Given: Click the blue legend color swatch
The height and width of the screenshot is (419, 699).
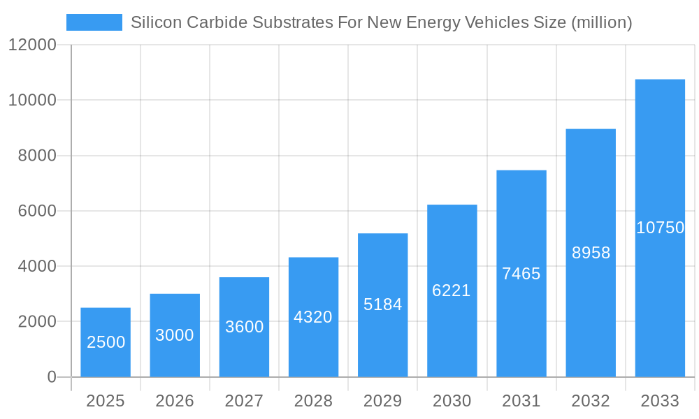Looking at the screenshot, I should [94, 22].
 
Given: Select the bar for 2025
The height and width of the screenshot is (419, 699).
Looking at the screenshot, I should [106, 342].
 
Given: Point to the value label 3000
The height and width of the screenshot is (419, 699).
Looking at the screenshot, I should [175, 335].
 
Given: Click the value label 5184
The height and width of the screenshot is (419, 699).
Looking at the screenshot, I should [382, 304].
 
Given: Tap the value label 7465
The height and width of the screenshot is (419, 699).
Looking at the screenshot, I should [521, 274].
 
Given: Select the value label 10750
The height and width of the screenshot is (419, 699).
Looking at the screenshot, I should [660, 228].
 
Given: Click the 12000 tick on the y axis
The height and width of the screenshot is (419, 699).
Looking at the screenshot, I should [32, 45].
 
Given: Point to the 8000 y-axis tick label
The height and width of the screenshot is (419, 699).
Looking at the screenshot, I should [36, 156].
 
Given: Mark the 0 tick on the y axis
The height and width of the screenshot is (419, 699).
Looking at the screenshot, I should [52, 377].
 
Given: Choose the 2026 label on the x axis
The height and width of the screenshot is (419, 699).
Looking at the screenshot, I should [175, 401].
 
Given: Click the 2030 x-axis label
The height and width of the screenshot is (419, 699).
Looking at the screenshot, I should [452, 401].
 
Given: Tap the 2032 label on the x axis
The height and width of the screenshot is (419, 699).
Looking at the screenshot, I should [591, 401].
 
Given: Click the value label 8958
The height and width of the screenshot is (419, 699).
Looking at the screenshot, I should [591, 253].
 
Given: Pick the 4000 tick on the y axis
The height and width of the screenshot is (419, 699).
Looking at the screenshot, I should [36, 266].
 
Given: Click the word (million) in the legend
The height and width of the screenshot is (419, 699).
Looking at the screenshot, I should [602, 22].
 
